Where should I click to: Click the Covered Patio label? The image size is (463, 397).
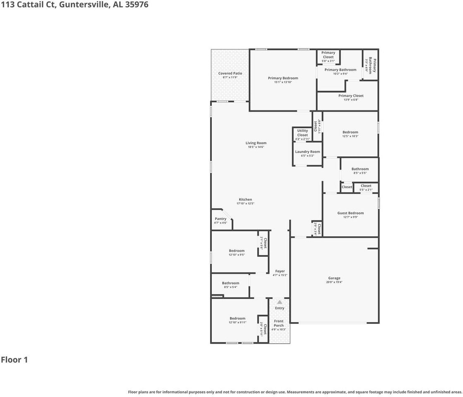230,74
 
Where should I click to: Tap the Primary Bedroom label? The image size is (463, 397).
283,78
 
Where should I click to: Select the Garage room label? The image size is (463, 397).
334,278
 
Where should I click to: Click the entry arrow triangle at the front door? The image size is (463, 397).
280,302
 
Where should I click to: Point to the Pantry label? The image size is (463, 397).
221,219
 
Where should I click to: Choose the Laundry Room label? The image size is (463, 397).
307,152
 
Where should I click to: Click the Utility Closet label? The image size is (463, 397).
302,133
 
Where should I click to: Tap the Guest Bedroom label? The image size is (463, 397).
350,213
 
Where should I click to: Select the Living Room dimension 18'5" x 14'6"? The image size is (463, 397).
256,147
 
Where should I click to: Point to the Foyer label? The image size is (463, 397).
280,271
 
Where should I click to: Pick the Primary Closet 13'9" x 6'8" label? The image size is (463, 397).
350,96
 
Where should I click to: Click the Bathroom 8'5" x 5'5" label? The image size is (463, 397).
360,169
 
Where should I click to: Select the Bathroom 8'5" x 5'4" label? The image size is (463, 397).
230,283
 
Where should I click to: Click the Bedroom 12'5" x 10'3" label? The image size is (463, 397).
350,132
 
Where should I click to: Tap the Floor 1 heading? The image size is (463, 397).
14,360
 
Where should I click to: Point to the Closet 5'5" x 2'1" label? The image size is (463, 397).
366,186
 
